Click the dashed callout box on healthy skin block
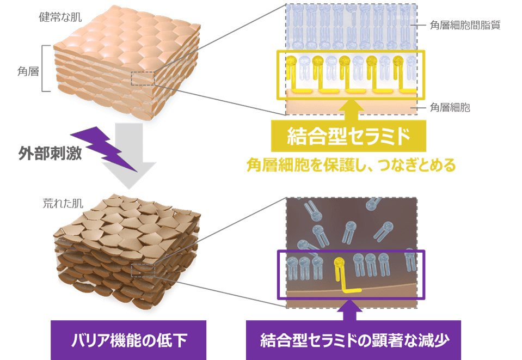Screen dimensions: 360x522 pyautogui.click(x=143, y=78)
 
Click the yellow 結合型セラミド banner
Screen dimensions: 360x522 pyautogui.click(x=348, y=136)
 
